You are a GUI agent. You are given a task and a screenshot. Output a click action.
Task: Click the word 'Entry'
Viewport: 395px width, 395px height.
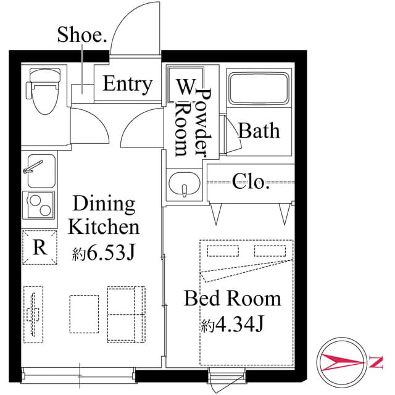tap(128, 84)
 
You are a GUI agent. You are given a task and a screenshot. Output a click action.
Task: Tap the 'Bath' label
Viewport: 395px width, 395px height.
tap(259, 131)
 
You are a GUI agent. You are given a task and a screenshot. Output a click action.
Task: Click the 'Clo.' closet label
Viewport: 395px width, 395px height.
tap(251, 181)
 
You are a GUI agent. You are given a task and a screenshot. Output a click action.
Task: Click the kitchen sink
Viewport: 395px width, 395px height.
tap(40, 171)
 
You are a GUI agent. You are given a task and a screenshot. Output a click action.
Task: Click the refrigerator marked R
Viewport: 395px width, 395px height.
tap(40, 248)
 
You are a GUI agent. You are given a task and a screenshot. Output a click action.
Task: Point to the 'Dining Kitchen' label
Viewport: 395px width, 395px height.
tap(104, 215)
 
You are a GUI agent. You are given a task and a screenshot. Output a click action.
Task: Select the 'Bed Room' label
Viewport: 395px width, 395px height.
tap(233, 299)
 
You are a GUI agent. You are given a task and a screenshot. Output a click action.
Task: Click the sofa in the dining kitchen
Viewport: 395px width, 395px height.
tap(126, 314)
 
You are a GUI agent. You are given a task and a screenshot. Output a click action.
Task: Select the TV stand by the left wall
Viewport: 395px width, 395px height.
tap(35, 313)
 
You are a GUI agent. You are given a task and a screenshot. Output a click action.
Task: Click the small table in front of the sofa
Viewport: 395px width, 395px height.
tap(83, 314)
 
